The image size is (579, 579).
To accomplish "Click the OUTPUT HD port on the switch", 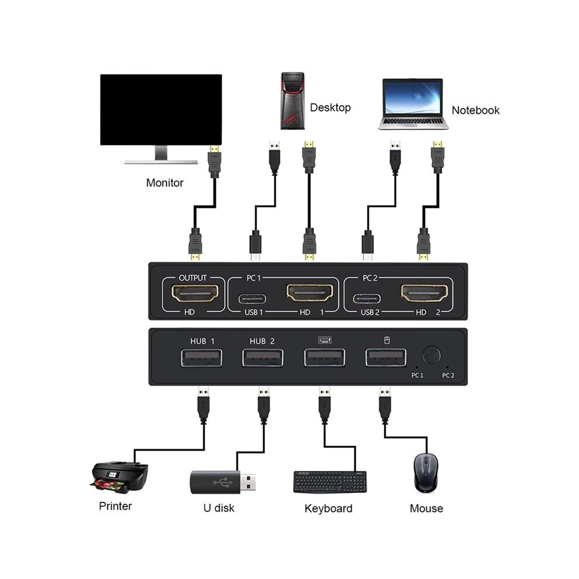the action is pos(195,294).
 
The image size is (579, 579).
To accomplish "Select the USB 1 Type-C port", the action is pos(252,298).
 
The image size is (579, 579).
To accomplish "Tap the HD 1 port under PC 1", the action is pos(309,293).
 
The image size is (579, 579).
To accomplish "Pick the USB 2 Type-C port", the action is pos(367,298).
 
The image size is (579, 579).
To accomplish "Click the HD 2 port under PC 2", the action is pos(424,293).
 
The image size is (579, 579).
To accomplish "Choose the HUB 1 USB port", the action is pos(202,358).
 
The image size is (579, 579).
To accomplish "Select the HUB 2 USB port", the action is pos(263,358).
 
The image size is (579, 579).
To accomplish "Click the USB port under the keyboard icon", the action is pos(325,358).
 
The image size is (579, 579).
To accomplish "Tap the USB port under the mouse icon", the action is pos(386,358).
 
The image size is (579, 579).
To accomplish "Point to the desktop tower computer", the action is pos(293,101).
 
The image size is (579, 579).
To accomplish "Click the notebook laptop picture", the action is pos(413,104).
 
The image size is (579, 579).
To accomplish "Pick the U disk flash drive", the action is pos(223,482).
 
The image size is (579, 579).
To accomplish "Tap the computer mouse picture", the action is pos(426,473).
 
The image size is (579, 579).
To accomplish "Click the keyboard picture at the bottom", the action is pos(330,482).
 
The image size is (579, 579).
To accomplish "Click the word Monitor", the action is pos(165,183).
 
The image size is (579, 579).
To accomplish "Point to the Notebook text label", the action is pos(475,110).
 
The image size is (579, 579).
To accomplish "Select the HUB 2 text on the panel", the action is pos(262,341).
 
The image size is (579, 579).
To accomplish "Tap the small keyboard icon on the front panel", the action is pos(325,340).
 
